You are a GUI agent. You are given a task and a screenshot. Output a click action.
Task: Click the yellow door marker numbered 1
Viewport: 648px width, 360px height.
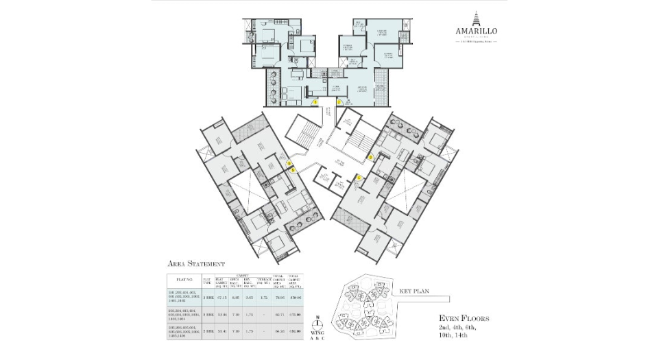[x=315, y=102]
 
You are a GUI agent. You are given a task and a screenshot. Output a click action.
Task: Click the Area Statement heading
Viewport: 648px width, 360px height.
[x=196, y=263]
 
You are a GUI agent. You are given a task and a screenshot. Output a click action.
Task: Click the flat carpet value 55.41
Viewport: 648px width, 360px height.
[x=220, y=331]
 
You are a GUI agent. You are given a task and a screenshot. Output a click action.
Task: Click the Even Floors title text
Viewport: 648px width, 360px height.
[x=464, y=318]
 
